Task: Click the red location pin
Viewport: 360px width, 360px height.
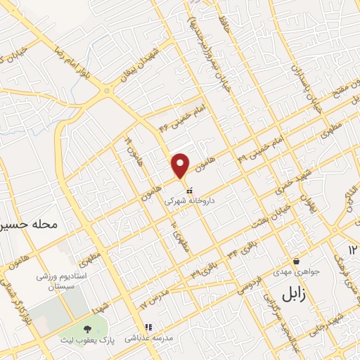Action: coord(181,165)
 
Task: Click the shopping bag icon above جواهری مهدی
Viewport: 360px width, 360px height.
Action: coord(296,262)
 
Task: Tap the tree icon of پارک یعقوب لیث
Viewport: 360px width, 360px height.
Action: coord(87,329)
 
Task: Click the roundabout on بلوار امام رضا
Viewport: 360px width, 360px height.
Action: coord(107,90)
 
